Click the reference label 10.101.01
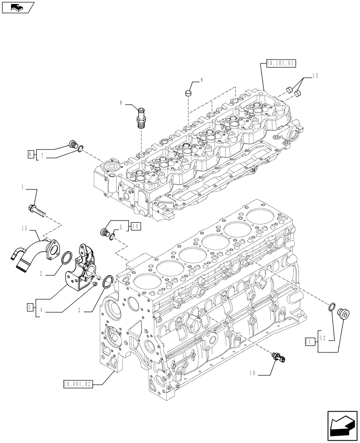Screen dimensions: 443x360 (x=280, y=64)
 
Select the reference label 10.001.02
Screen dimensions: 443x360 (x=78, y=384)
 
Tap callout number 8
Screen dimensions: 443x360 (x=121, y=103)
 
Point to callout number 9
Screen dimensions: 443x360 (x=201, y=79)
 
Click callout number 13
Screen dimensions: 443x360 (x=315, y=76)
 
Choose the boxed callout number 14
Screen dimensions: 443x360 (x=136, y=226)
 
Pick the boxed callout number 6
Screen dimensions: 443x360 (x=30, y=154)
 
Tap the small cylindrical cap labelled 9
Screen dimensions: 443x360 (x=188, y=93)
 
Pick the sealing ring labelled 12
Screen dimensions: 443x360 (x=332, y=306)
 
